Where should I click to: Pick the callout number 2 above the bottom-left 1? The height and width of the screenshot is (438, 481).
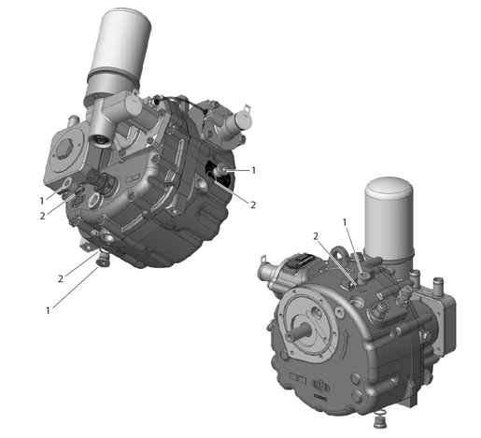(x=61, y=279)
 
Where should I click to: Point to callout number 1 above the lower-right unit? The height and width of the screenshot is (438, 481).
(x=345, y=222)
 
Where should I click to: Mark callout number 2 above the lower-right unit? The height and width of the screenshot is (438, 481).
(x=317, y=236)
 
